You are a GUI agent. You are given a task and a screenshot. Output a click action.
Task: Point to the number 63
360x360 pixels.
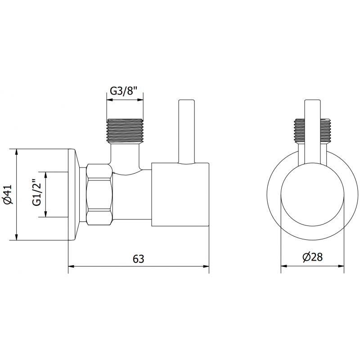click(x=138, y=259)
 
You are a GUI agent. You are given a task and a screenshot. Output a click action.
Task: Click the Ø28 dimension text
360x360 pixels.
click(x=312, y=257)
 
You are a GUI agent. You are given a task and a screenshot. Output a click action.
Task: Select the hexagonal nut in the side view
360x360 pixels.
click(x=100, y=194)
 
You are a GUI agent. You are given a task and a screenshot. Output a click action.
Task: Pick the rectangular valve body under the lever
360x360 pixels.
click(x=180, y=194)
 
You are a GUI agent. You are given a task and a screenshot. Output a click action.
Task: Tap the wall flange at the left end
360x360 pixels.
click(x=74, y=194)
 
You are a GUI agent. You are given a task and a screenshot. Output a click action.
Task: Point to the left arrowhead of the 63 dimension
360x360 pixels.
click(x=71, y=266)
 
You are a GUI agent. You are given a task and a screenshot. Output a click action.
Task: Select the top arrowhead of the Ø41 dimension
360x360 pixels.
click(x=16, y=150)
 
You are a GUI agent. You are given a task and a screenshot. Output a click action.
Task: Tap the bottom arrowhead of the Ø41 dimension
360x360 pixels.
click(x=16, y=238)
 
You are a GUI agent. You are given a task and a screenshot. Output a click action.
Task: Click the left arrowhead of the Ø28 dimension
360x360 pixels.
click(x=283, y=266)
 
